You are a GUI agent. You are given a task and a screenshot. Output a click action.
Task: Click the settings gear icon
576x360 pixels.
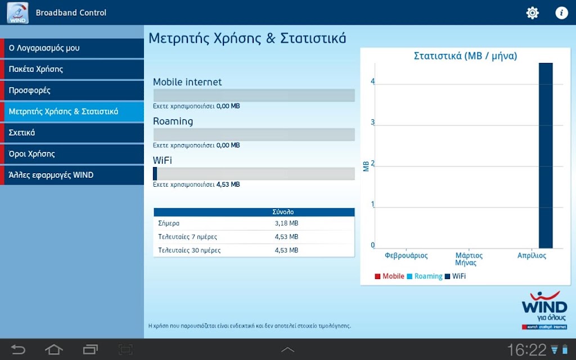tap(532, 13)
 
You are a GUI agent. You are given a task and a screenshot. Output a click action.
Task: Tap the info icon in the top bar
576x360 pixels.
tap(561, 13)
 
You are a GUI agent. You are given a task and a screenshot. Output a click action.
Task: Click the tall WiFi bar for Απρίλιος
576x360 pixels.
tap(546, 156)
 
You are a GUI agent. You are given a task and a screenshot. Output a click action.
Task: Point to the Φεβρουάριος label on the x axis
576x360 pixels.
tap(406, 255)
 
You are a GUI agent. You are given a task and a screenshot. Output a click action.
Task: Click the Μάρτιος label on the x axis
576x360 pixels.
tap(469, 255)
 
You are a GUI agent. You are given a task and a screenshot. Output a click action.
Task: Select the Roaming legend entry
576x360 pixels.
tap(425, 276)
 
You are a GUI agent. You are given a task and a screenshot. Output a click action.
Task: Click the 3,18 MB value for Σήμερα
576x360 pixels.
tap(286, 223)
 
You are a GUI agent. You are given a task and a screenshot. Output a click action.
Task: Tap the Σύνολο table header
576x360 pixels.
tap(283, 212)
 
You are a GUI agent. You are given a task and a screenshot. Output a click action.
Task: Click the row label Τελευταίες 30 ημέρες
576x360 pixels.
tap(189, 250)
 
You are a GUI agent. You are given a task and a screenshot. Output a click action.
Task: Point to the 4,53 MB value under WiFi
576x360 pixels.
tap(228, 184)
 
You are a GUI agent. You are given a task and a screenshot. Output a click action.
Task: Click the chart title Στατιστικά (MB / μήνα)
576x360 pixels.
tap(465, 56)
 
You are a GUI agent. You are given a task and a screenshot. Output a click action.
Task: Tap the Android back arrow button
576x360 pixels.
tap(17, 349)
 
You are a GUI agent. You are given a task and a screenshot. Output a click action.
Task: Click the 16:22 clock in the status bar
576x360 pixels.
tap(526, 350)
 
